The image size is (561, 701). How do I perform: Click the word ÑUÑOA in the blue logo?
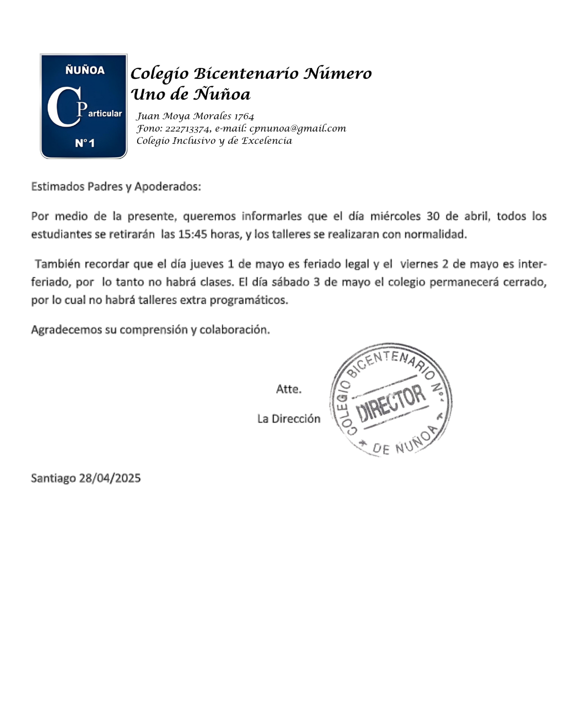click(x=85, y=70)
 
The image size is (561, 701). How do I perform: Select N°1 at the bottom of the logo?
click(x=85, y=143)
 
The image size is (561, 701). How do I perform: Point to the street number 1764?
click(x=244, y=116)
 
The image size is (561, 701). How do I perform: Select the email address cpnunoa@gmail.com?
click(x=298, y=128)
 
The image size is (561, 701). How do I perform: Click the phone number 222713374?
click(x=188, y=129)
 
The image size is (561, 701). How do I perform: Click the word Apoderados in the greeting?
click(x=167, y=186)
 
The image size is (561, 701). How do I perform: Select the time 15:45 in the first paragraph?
click(x=192, y=234)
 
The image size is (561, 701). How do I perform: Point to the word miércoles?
click(x=395, y=216)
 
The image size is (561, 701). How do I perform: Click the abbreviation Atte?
click(x=289, y=389)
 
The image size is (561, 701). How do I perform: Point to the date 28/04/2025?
click(x=110, y=478)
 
